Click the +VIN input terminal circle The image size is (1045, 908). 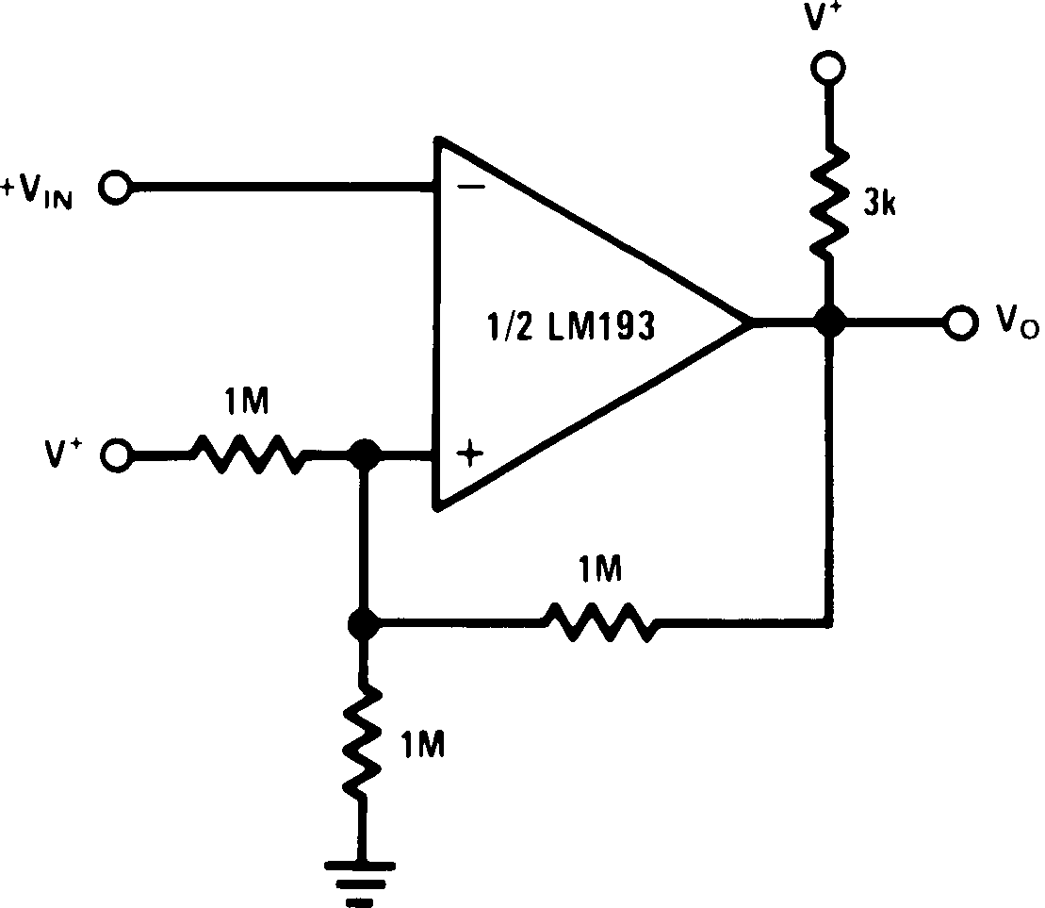[117, 188]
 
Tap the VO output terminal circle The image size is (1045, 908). [959, 322]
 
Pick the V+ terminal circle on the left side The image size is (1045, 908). [117, 455]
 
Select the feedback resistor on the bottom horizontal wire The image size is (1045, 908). [596, 622]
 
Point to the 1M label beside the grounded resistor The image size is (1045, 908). [421, 745]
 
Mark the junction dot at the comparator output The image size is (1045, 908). [828, 322]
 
